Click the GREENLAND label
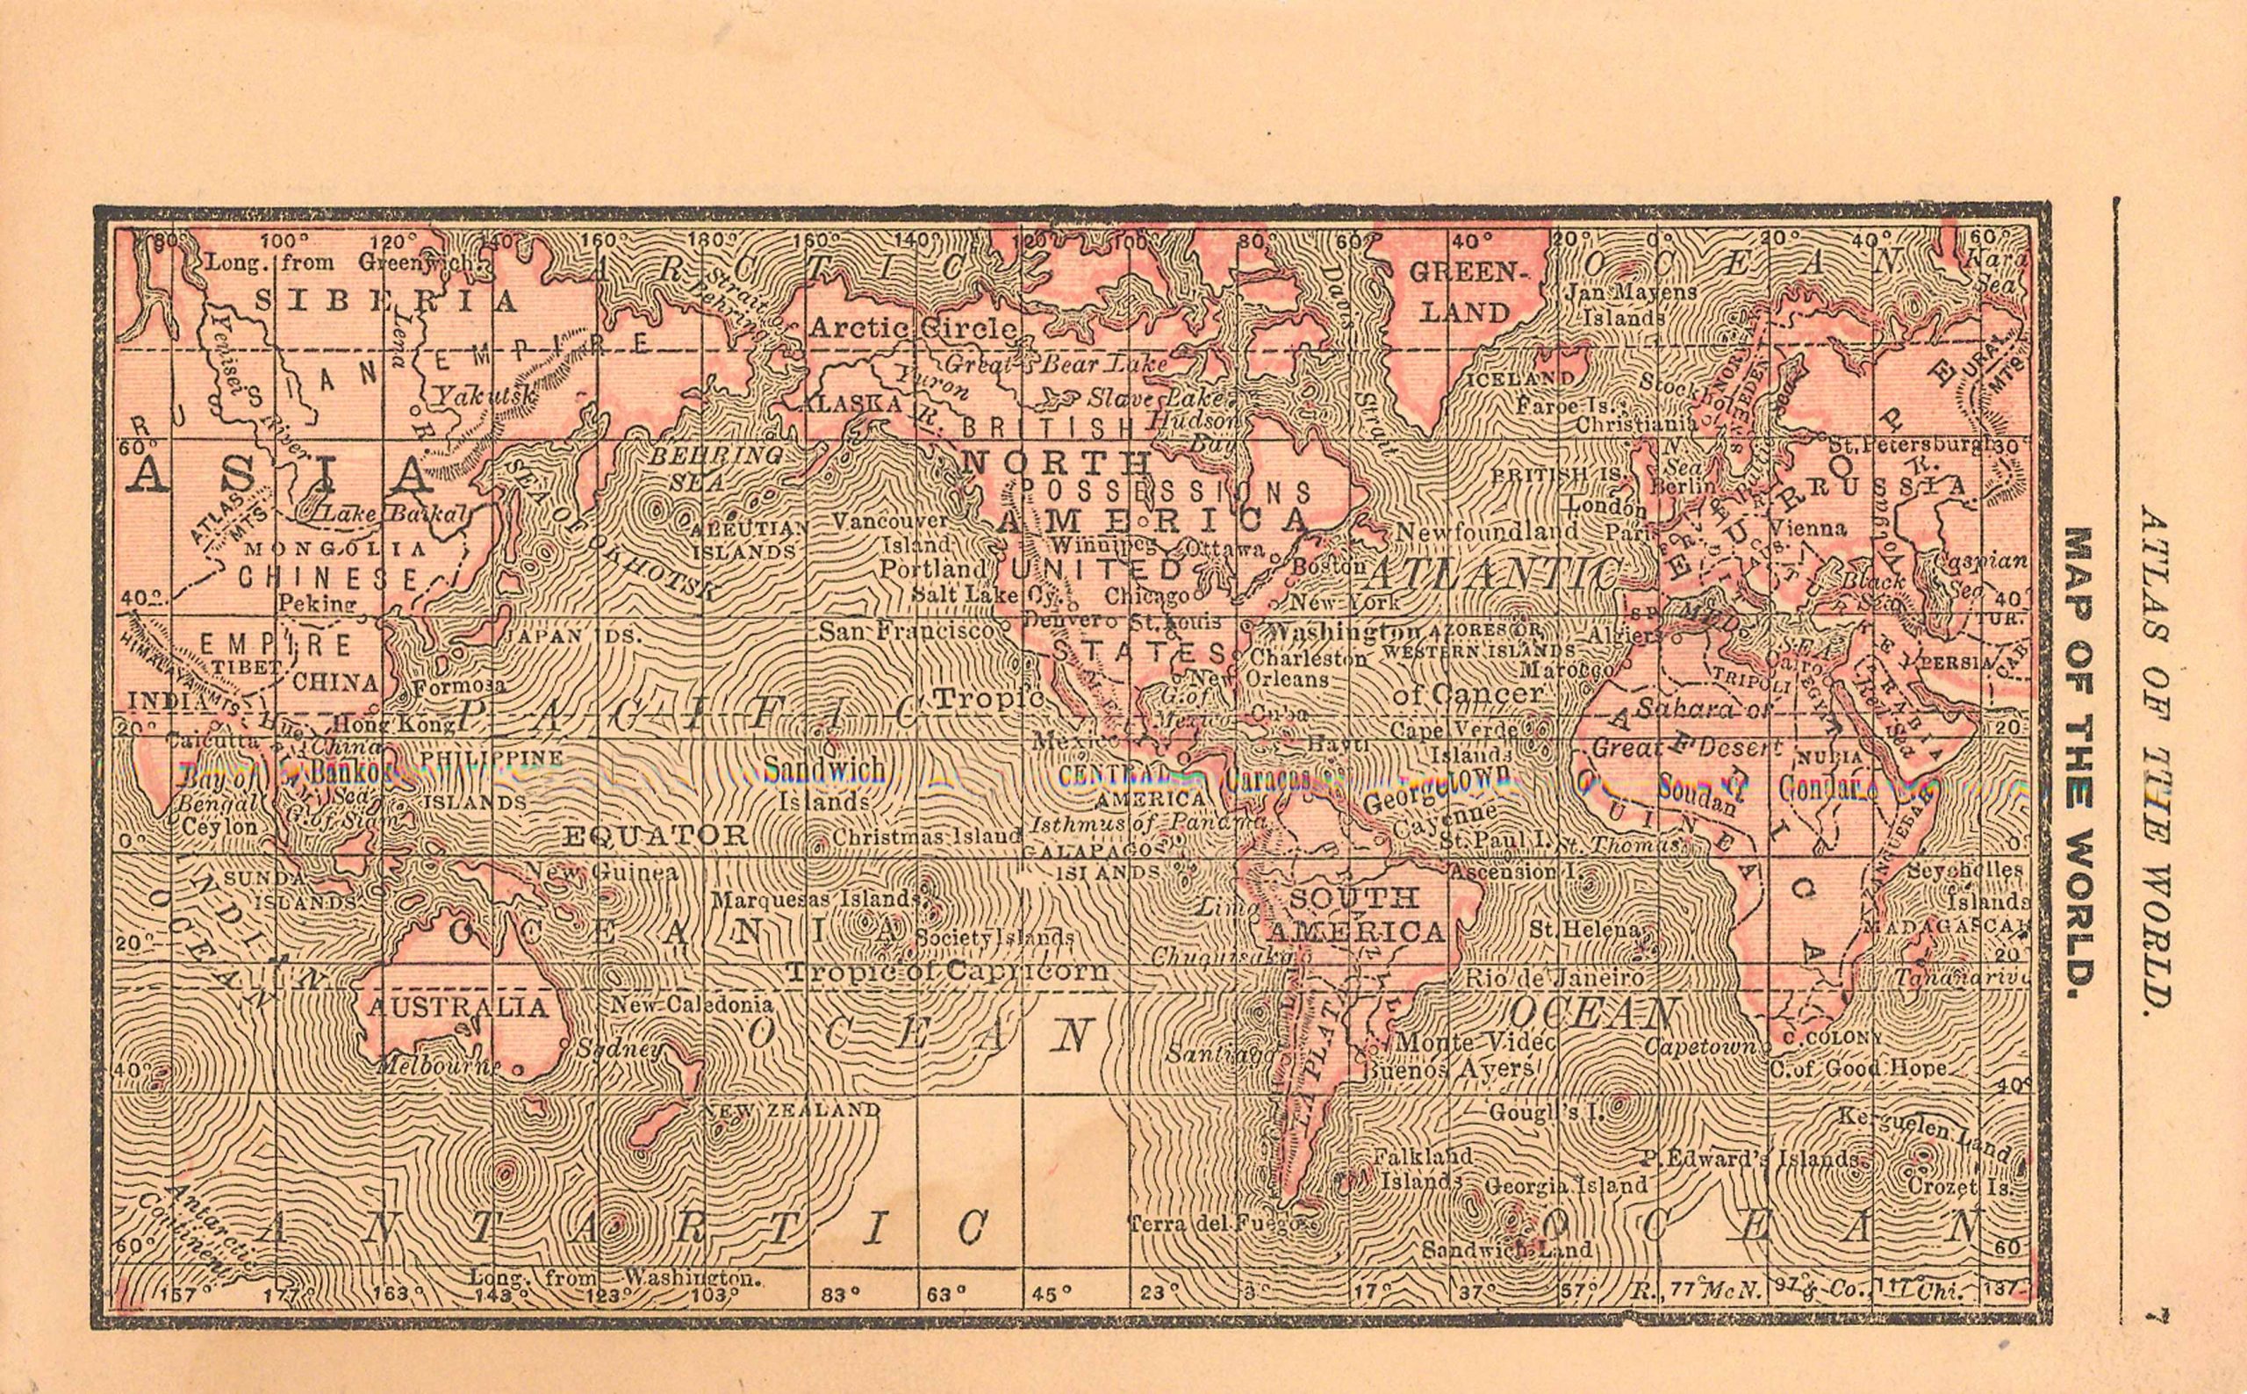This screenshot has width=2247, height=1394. pyautogui.click(x=1463, y=291)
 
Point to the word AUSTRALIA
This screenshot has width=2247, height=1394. pyautogui.click(x=457, y=1007)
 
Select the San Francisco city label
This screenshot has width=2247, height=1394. pyautogui.click(x=907, y=631)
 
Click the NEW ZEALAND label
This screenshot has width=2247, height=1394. pyautogui.click(x=791, y=1110)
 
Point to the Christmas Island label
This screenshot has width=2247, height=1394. pyautogui.click(x=926, y=837)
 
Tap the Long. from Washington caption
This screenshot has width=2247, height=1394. pyautogui.click(x=614, y=1280)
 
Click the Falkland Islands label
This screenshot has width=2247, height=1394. pyautogui.click(x=1421, y=1168)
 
